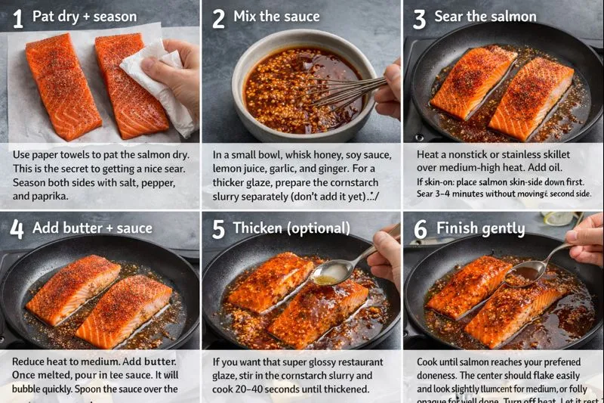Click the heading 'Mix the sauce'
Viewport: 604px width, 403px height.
click(276, 17)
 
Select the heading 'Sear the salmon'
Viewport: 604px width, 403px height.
click(485, 17)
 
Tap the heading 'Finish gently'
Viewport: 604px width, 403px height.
click(480, 228)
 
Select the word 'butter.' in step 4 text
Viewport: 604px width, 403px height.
click(158, 361)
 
